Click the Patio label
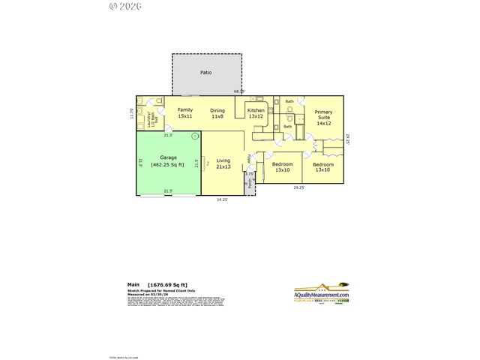(205, 73)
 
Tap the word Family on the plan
(184, 110)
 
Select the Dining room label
(217, 110)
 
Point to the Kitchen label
(256, 110)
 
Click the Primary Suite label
(323, 112)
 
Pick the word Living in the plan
(223, 160)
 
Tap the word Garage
(168, 157)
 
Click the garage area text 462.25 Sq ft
(168, 164)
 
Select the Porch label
(250, 183)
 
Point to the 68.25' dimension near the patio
(239, 91)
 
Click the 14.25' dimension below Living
(223, 199)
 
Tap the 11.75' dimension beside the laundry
(133, 114)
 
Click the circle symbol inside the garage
(195, 136)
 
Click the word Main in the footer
(133, 285)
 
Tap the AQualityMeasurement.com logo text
(322, 298)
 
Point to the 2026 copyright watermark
(125, 6)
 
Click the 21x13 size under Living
(223, 167)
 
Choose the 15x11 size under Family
(184, 116)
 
